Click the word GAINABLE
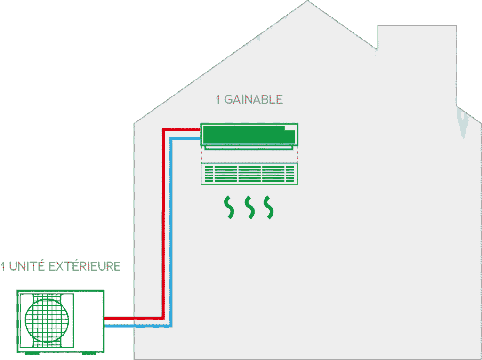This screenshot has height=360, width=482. (253, 99)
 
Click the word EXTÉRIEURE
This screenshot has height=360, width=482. (85, 266)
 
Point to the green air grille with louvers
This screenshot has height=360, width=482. (249, 174)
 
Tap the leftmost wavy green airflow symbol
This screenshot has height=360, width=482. (229, 208)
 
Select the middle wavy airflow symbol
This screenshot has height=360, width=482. (249, 208)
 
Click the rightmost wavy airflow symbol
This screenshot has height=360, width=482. (269, 208)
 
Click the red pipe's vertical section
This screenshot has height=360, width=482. (163, 224)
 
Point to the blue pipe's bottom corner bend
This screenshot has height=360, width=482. (171, 326)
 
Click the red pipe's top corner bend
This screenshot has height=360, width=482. (163, 130)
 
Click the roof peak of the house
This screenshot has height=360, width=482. (307, 1)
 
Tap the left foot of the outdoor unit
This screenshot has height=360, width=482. (32, 353)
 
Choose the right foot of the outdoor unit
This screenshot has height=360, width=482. (89, 353)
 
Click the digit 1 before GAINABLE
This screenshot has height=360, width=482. (218, 99)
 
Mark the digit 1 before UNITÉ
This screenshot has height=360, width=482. (3, 266)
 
